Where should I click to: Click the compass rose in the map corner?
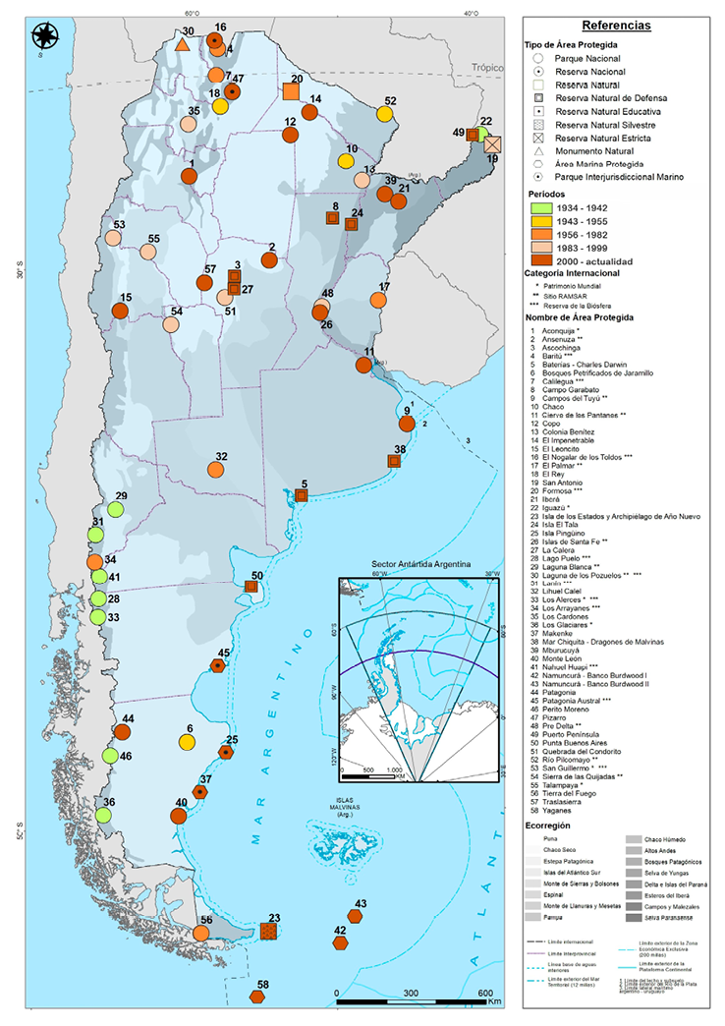44,37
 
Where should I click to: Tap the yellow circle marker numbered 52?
384,113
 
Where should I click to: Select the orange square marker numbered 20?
291,91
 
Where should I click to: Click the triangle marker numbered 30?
182,44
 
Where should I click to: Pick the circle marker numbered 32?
215,470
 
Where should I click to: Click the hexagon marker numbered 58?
257,997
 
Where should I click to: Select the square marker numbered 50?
251,587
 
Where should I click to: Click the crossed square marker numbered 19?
492,144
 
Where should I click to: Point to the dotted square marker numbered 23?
269,931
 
